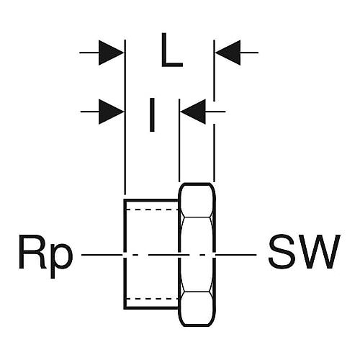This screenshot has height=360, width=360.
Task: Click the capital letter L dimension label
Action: tap(172, 50)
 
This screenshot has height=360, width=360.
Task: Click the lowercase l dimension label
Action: tap(152, 114)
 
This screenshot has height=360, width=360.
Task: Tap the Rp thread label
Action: tap(45, 256)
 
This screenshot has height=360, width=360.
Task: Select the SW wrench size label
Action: tap(304, 251)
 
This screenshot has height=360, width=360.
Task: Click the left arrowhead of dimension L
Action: tap(111, 53)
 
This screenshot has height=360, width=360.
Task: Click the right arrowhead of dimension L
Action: tap(228, 53)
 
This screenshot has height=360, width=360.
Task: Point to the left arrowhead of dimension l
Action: tap(111, 112)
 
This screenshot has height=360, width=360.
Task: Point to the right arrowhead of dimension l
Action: tap(193, 112)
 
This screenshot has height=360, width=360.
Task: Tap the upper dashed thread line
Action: tap(152, 210)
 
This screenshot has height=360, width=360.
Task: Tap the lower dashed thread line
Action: tap(152, 299)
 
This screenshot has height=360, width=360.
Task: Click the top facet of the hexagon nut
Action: tap(197, 201)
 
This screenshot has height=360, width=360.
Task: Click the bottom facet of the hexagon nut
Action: tap(197, 309)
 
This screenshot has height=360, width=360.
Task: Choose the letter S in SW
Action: tap(282, 251)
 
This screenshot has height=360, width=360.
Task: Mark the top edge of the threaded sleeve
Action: tap(151, 199)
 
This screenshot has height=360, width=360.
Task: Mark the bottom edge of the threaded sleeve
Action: tap(151, 307)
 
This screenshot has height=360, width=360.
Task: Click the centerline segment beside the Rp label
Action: tap(102, 255)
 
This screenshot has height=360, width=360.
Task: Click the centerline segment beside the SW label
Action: tap(236, 255)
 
